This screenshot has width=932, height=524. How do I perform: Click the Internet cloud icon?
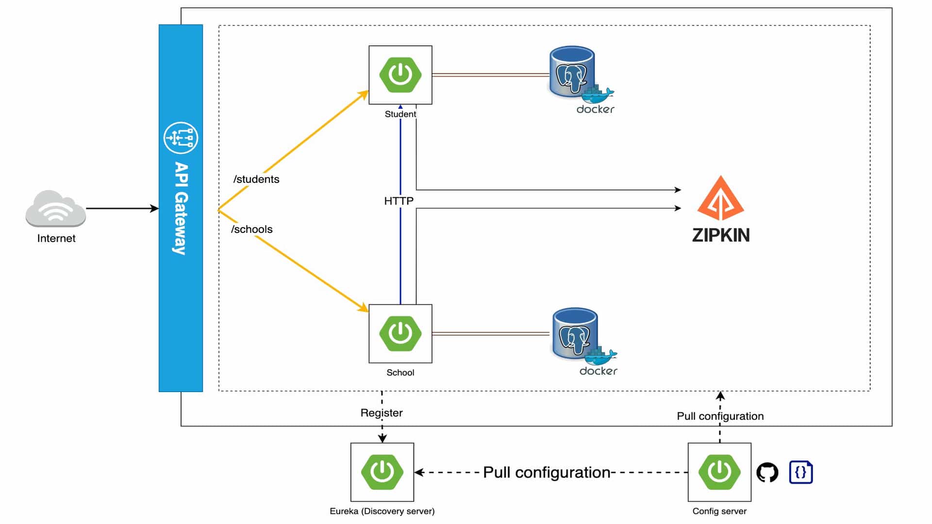pyautogui.click(x=55, y=209)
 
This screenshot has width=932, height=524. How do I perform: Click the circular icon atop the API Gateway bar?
pyautogui.click(x=181, y=138)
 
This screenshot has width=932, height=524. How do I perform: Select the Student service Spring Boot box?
pyautogui.click(x=400, y=75)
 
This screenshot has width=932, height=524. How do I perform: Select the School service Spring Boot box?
pyautogui.click(x=400, y=333)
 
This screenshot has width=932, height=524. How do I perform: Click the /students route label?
pyautogui.click(x=256, y=179)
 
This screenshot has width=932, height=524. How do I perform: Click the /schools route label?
pyautogui.click(x=252, y=229)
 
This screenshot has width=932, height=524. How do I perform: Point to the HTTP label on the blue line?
pyautogui.click(x=399, y=201)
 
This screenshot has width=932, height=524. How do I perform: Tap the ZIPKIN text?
pyautogui.click(x=720, y=235)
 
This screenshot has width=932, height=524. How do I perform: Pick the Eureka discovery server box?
pyautogui.click(x=382, y=472)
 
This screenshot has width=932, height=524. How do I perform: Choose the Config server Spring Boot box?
pyautogui.click(x=719, y=472)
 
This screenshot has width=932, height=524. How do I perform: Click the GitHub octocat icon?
pyautogui.click(x=767, y=472)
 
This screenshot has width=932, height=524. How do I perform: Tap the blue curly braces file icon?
pyautogui.click(x=801, y=472)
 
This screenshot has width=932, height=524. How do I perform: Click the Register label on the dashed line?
pyautogui.click(x=382, y=413)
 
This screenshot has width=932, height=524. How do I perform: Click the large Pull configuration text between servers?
pyautogui.click(x=547, y=472)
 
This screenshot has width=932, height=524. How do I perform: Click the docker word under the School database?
pyautogui.click(x=598, y=371)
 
